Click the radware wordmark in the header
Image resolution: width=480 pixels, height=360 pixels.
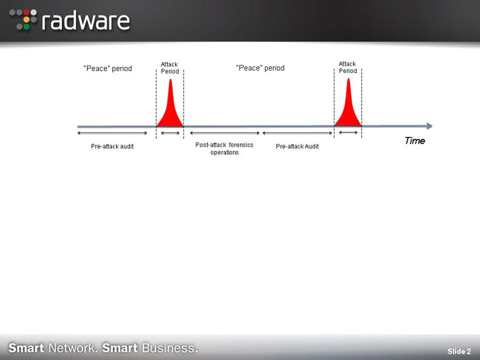pos(86,21)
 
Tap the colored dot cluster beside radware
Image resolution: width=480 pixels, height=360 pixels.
pos(23,20)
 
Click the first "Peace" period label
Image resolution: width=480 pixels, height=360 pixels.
pos(108,68)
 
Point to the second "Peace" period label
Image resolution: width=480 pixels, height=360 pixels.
pos(260,68)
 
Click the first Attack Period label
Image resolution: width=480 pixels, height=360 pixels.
pos(170,68)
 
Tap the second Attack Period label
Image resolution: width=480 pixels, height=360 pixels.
pos(348,67)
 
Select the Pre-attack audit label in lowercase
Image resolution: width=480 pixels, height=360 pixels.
pos(112,146)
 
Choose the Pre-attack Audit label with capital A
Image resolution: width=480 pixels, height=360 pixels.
pos(298,146)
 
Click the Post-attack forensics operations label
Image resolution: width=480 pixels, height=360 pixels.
pos(224,148)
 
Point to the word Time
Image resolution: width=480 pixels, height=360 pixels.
pos(415,141)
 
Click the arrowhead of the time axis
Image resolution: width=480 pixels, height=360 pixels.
pos(430,126)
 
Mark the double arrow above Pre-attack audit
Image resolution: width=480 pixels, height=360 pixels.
pos(112,133)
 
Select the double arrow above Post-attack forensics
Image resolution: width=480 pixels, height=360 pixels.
pos(224,133)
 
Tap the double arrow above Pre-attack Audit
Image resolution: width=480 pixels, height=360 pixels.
pos(298,133)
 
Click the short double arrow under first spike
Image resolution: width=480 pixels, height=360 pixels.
pos(170,133)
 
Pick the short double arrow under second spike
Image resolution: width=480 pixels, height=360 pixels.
pos(349,133)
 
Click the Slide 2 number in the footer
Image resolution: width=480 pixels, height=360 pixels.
pos(459,351)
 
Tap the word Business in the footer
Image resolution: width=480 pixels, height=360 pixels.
pos(170,348)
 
